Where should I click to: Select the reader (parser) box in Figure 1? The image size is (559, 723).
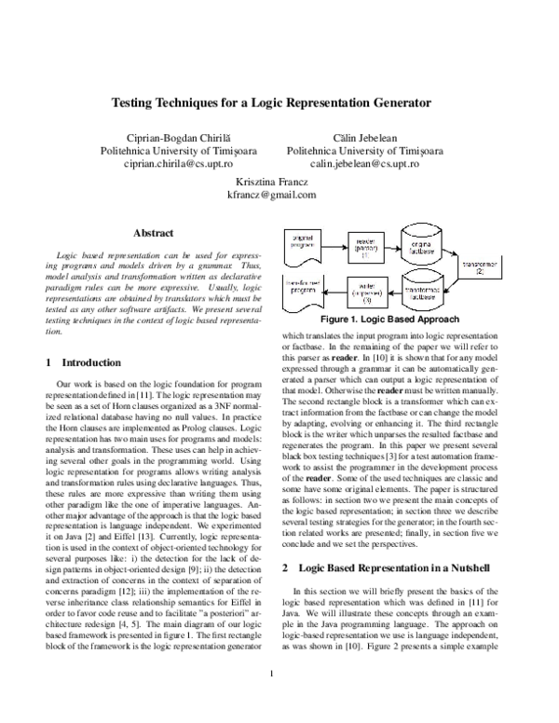365,245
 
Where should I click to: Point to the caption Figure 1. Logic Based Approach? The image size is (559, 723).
394,318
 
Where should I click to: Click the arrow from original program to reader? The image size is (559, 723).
334,245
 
